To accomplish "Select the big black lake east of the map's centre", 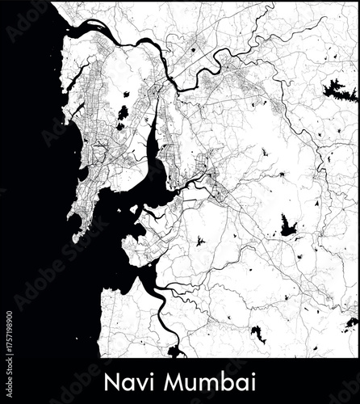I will click(x=288, y=227).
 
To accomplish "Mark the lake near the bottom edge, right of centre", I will click(x=257, y=333).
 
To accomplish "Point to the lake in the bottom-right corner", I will click(x=351, y=322).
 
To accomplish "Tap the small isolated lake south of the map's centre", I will click(x=200, y=241).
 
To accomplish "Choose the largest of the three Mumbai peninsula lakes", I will click(x=123, y=112).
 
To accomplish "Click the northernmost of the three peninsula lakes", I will click(x=127, y=95).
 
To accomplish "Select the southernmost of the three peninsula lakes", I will click(x=119, y=126).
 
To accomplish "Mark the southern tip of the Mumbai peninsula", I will click(x=75, y=239).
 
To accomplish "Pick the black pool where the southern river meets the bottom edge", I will click(x=175, y=351).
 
